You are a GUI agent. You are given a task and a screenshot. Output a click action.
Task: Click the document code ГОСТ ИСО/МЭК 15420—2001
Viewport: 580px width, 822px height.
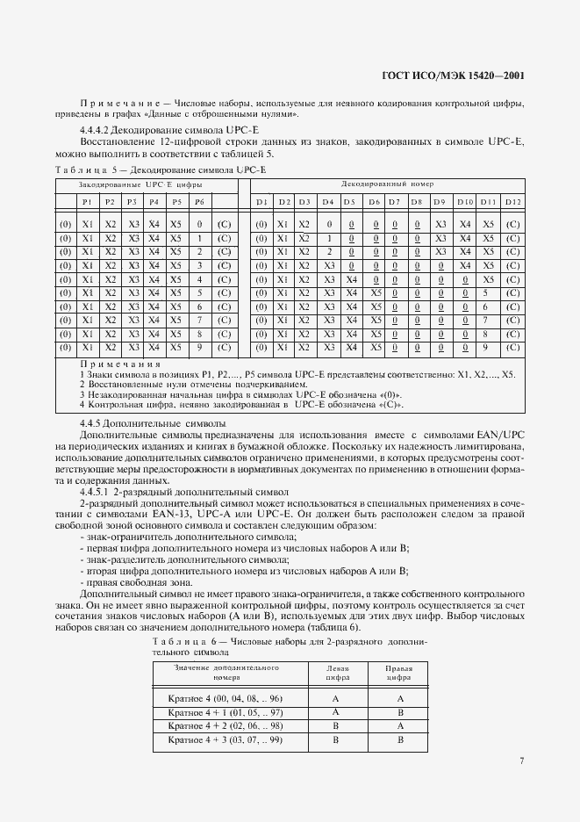tap(454, 76)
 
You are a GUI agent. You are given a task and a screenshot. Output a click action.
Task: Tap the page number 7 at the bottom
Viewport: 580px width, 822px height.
tap(521, 761)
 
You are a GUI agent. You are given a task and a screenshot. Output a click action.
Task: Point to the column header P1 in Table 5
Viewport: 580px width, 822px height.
tap(87, 203)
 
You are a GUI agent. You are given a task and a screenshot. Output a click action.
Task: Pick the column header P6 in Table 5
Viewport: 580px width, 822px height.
tap(200, 203)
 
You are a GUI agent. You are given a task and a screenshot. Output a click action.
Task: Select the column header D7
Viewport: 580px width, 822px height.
tap(394, 203)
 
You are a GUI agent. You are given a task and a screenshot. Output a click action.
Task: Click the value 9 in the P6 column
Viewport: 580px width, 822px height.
tap(200, 347)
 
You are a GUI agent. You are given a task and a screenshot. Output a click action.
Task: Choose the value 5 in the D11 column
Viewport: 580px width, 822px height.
tap(489, 292)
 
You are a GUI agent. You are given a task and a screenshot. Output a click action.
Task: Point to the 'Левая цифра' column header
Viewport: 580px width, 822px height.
tap(337, 673)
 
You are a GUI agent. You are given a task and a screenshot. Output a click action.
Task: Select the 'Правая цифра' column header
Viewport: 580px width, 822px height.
tap(399, 673)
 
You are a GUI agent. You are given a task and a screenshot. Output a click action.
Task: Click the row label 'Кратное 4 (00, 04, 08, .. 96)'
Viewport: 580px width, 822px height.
tap(225, 698)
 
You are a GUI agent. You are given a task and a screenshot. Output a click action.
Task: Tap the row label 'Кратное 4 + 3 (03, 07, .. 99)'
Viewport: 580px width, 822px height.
tap(225, 741)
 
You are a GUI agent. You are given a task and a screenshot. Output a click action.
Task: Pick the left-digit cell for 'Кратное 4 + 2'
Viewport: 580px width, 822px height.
tap(337, 727)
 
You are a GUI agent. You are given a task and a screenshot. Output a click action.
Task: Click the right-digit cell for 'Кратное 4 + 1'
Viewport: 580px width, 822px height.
tap(399, 712)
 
